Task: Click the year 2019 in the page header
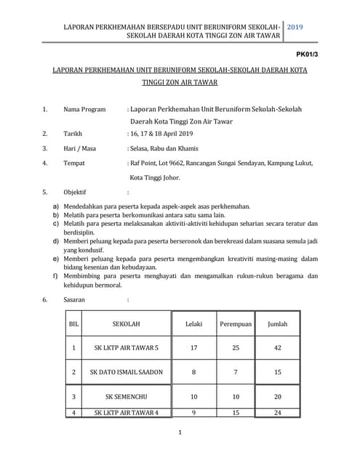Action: coord(295,26)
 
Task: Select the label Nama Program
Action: coord(84,109)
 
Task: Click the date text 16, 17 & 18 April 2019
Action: coord(161,134)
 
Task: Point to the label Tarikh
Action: coord(73,134)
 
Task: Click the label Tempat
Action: coord(75,163)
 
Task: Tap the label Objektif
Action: coord(76,193)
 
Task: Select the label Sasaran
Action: coord(74,299)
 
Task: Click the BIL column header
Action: coord(73,323)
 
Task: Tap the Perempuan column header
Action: coord(235,323)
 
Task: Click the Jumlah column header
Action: coord(278,323)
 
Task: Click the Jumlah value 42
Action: coord(278,348)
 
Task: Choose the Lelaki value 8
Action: coord(193,373)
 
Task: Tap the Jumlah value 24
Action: coord(278,413)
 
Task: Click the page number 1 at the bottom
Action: coord(180,433)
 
